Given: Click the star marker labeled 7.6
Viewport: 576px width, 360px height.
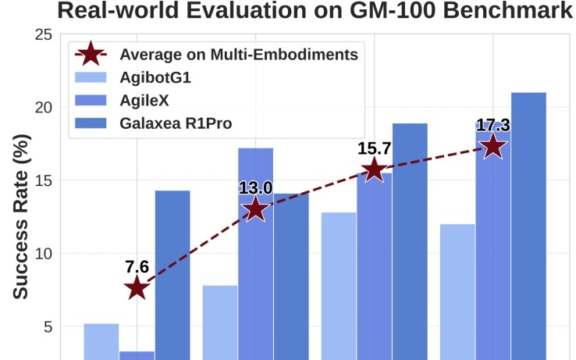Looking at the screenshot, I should coord(137,287).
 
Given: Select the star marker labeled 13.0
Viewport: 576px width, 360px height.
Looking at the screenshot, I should coord(255,209).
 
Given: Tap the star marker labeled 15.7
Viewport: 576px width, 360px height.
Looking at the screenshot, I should coord(374,169).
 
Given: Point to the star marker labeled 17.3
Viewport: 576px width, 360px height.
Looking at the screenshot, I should coord(492,146).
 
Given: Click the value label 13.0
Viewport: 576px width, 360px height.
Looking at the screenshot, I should coord(255,187).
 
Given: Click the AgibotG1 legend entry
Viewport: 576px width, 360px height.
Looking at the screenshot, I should coord(155,77).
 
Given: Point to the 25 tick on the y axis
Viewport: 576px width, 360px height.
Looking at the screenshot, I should coord(44,34).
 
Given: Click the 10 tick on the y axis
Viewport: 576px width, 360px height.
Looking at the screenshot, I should coord(44,254).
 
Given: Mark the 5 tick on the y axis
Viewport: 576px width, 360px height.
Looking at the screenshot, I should coord(48,327).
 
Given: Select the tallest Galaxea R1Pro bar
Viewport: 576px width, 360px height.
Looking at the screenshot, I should coord(528,226).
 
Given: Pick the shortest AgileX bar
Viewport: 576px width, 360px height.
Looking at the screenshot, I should coord(137,355).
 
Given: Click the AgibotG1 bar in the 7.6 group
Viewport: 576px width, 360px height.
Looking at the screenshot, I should coord(101,341).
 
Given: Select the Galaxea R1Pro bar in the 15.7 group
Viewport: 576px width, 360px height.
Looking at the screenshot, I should coord(410,241).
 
